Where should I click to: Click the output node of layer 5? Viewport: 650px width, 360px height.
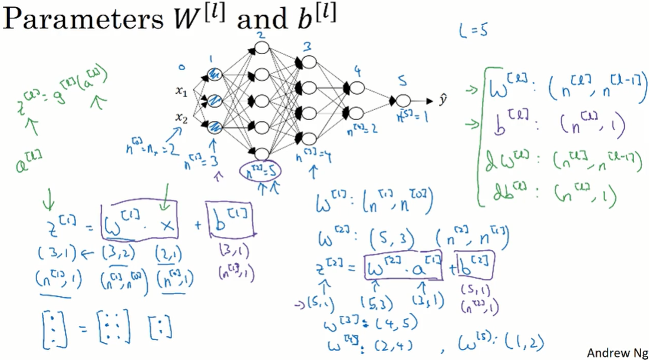point(403,100)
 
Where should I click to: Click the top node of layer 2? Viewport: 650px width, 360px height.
point(262,47)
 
